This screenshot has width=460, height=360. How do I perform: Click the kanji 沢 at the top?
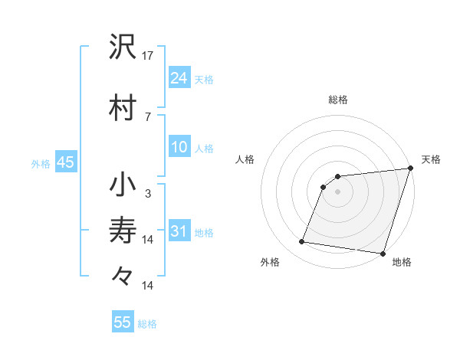(123, 47)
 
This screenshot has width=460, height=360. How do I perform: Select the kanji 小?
(123, 185)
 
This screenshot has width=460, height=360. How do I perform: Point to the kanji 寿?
(123, 230)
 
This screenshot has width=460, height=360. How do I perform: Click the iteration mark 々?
(123, 275)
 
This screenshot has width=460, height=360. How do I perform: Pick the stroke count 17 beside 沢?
(148, 56)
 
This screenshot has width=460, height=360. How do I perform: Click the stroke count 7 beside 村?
(148, 116)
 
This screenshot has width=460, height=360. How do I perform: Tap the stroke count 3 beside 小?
(148, 194)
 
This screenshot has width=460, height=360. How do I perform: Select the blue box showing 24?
(179, 77)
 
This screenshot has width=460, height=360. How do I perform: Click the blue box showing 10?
(179, 147)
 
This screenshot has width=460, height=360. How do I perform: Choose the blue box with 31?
(179, 231)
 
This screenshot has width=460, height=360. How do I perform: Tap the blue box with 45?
(65, 162)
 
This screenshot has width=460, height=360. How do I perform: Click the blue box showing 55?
(123, 322)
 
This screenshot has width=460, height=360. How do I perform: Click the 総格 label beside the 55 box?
(147, 324)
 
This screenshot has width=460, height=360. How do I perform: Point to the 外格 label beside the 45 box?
(41, 163)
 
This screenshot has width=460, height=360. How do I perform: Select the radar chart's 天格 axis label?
(431, 159)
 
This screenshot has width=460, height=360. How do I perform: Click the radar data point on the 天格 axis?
(410, 169)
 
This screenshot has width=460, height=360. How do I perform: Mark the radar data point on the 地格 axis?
(382, 253)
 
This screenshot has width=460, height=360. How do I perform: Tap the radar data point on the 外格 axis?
(302, 242)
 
